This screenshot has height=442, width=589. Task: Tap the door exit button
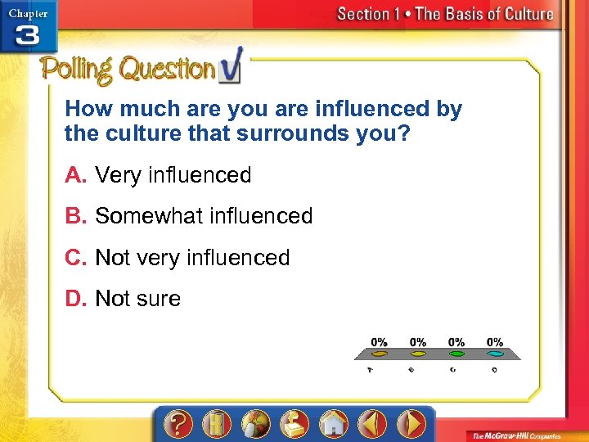[x=217, y=424]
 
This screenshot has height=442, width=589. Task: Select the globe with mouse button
[x=255, y=424]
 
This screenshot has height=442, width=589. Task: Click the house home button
[x=333, y=424]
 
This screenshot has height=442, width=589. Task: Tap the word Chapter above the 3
[x=28, y=12]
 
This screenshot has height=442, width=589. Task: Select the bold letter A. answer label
[x=76, y=175]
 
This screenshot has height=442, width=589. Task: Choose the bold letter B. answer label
[x=76, y=216]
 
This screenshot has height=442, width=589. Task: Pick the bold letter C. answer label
[x=76, y=258]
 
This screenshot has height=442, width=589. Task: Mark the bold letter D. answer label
[x=76, y=299]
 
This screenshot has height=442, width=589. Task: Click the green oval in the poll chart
[x=456, y=354]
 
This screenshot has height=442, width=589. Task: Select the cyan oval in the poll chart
[x=495, y=354]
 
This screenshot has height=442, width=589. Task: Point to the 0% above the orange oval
[x=380, y=341]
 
